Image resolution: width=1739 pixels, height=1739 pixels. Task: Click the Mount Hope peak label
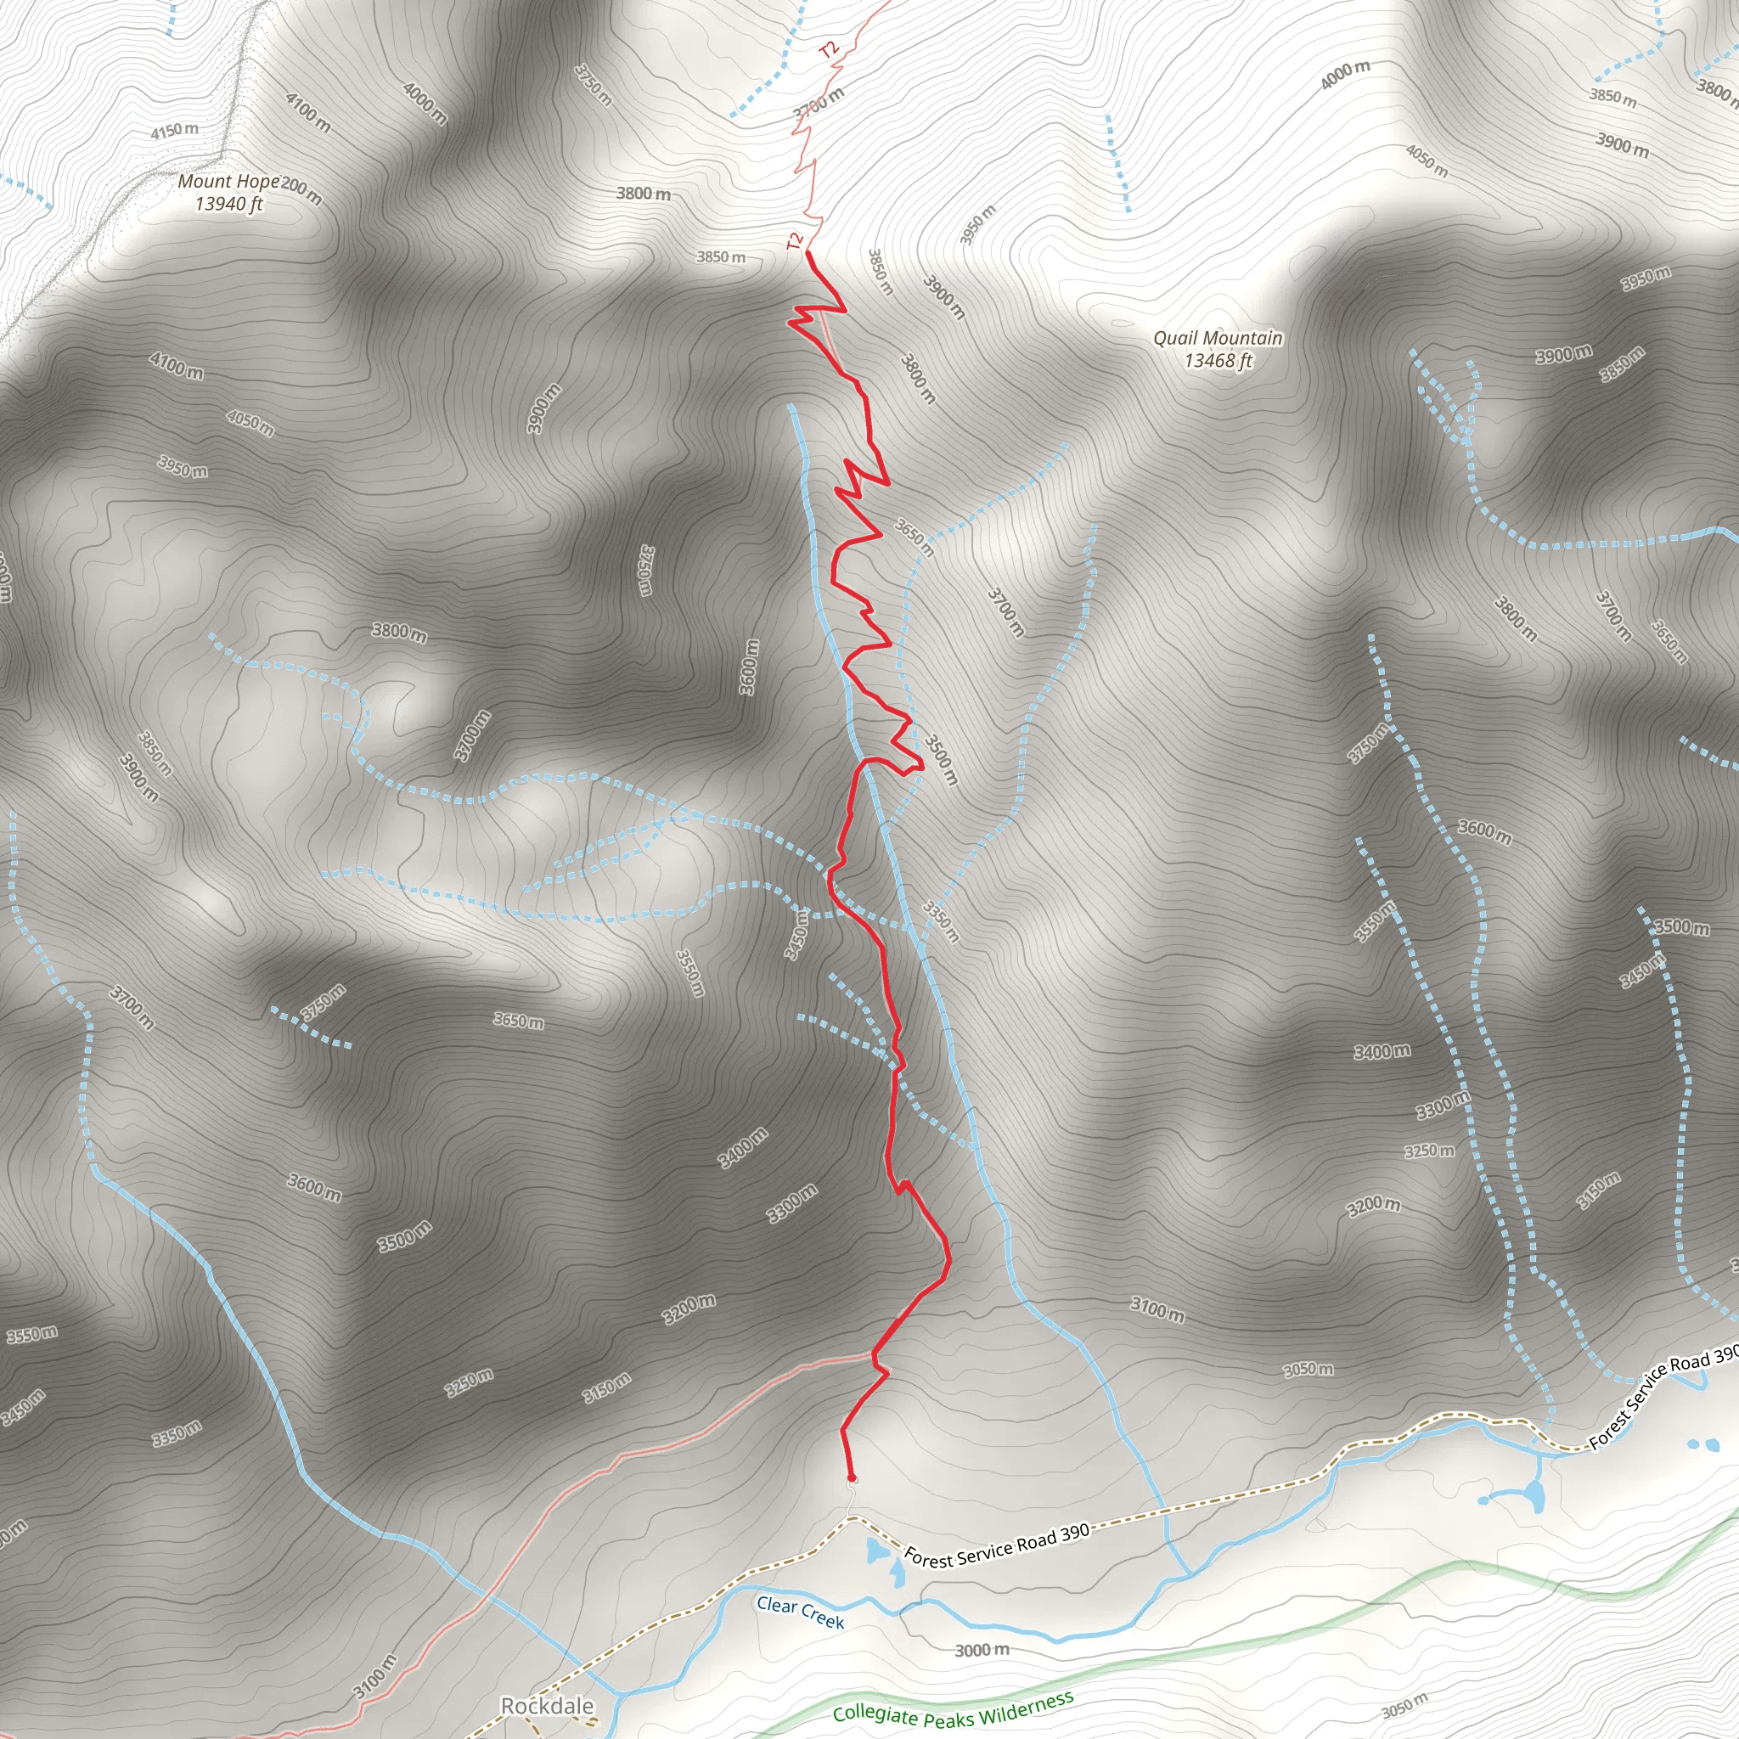point(228,182)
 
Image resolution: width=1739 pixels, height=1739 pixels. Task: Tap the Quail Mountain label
point(1218,339)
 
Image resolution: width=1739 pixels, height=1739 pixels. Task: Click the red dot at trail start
point(852,1478)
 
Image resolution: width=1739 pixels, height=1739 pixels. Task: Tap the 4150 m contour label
point(175,132)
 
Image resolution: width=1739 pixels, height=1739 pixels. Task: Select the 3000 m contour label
point(982,1650)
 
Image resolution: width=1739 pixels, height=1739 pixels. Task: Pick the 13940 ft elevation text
point(228,205)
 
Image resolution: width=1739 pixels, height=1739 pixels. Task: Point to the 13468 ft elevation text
point(1218,361)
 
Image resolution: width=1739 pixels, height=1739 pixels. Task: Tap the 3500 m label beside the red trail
point(942,760)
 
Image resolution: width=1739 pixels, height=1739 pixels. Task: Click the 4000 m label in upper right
point(1345,76)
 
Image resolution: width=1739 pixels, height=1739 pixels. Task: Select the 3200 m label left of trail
point(689,1308)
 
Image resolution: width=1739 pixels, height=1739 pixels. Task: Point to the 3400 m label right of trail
point(1382,1051)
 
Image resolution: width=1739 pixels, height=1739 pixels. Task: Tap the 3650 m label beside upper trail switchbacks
point(915,537)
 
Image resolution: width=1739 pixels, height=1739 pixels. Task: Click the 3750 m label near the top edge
point(594,85)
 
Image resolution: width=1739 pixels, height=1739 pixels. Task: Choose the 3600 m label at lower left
point(314,1187)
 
